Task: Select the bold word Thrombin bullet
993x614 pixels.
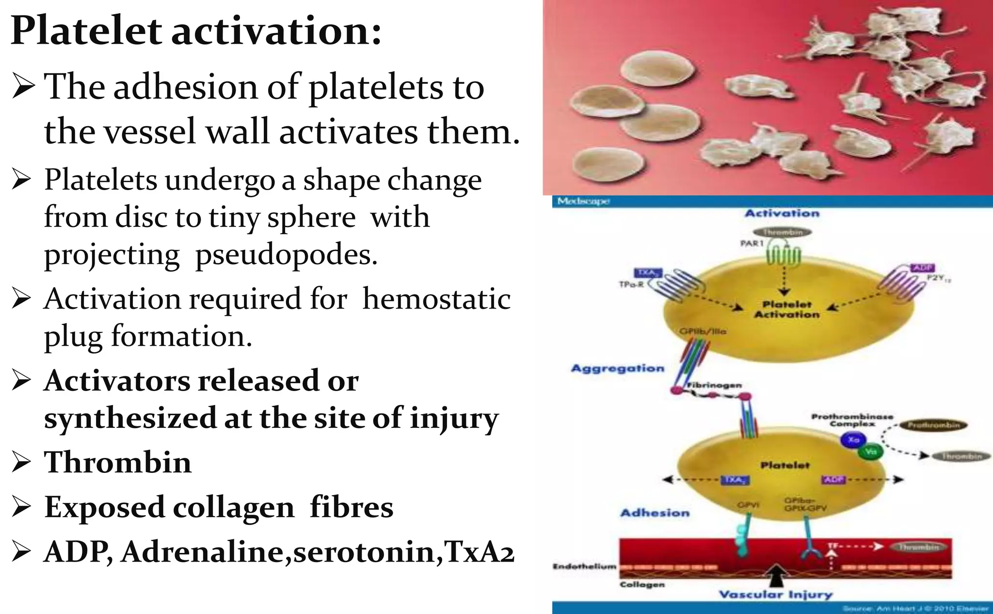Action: [x=118, y=462]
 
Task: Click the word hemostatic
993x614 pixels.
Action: [x=436, y=298]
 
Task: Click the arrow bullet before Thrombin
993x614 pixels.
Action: [x=22, y=462]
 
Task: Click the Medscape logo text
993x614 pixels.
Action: [x=583, y=201]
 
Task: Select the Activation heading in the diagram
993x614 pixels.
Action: [x=782, y=213]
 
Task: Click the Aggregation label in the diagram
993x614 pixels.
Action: [x=617, y=368]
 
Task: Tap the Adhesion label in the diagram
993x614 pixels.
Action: [x=655, y=513]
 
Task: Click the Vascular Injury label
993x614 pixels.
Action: [x=775, y=595]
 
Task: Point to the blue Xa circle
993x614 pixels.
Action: [x=853, y=440]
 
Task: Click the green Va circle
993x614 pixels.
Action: [x=871, y=452]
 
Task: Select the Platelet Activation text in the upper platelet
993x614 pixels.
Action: [x=786, y=309]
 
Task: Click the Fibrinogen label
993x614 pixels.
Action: [x=714, y=385]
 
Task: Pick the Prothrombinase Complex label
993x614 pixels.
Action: [x=852, y=420]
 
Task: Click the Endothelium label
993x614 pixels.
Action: [x=584, y=566]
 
